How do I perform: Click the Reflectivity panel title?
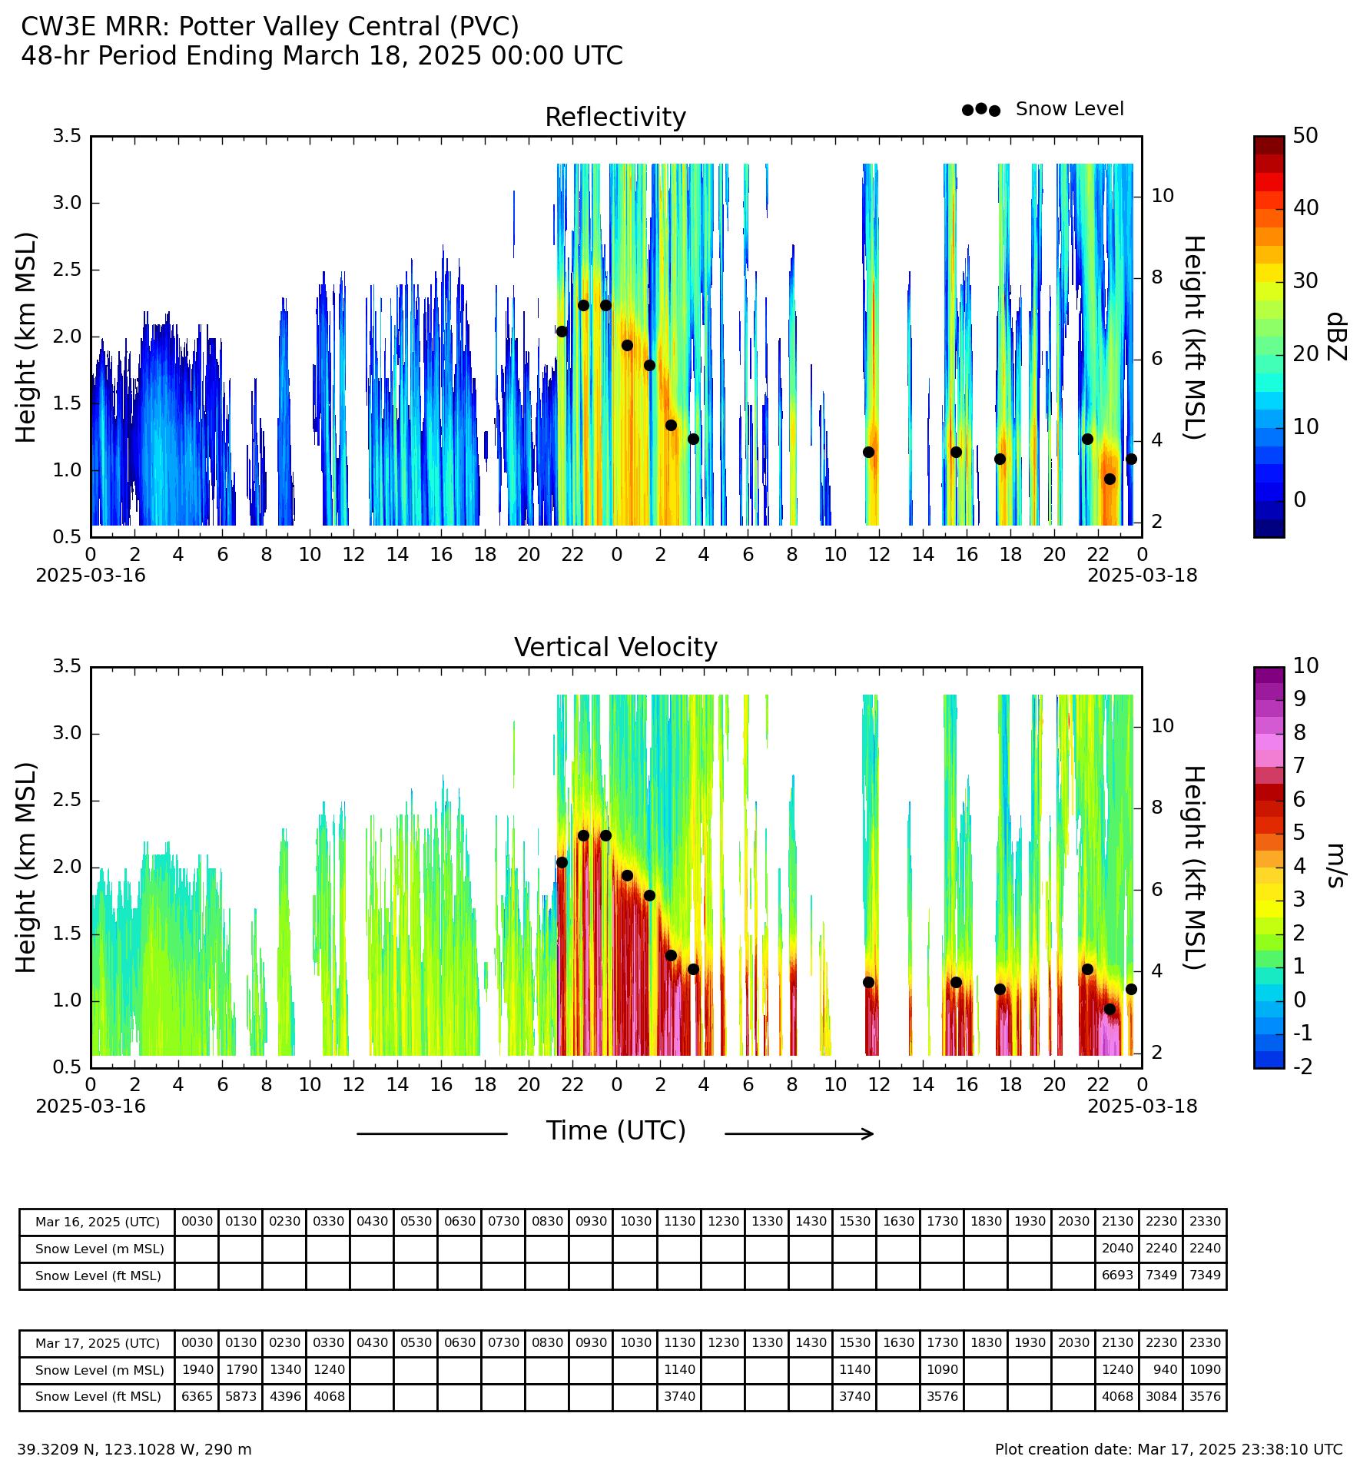click(615, 118)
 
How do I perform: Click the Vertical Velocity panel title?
click(615, 648)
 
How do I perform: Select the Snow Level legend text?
click(1070, 109)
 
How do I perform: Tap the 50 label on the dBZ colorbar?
click(1305, 136)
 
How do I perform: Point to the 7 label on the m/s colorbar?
click(1299, 765)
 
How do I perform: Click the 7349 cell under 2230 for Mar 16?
click(1161, 1276)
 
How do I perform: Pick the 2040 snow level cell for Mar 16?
click(1117, 1249)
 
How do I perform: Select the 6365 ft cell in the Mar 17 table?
click(197, 1396)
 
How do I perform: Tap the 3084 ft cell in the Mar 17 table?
click(1161, 1396)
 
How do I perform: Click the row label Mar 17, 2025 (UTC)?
click(98, 1343)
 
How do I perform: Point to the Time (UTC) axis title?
click(615, 1131)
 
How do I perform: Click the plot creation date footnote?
click(1169, 1449)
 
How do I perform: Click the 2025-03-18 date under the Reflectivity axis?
click(1142, 575)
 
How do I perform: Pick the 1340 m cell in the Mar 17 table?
click(284, 1369)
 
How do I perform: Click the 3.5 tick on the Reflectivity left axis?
click(67, 136)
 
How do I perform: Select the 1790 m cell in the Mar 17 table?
click(240, 1369)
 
